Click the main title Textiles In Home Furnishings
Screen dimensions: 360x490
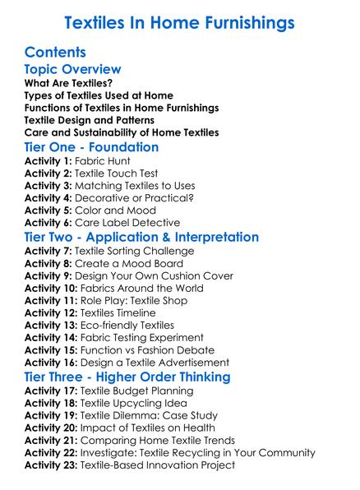coord(180,21)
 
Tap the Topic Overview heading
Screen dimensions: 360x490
coord(73,69)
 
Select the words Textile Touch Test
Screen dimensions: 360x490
coord(122,174)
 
